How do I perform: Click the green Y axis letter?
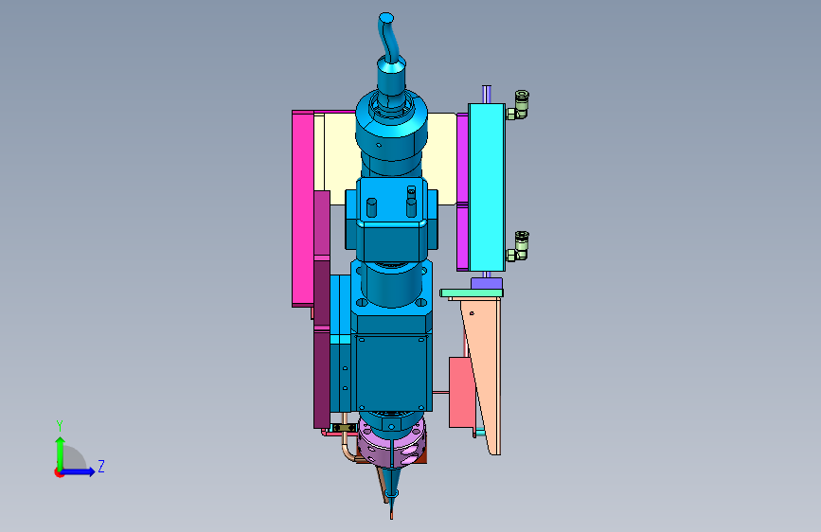click(60, 425)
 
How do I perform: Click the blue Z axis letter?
click(101, 466)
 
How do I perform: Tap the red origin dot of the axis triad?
click(59, 472)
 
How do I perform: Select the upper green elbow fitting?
click(518, 105)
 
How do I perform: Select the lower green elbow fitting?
click(518, 246)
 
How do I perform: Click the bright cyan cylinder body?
click(487, 186)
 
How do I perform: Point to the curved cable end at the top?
click(386, 18)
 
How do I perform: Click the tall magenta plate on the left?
click(303, 208)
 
